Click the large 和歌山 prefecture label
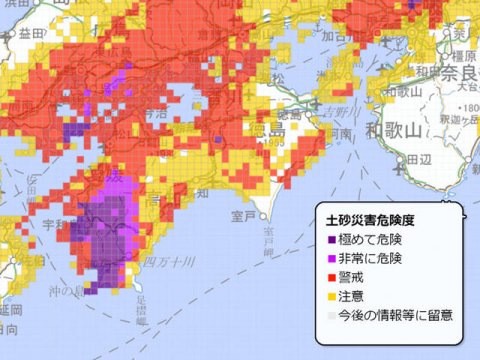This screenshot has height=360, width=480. [397, 129]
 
